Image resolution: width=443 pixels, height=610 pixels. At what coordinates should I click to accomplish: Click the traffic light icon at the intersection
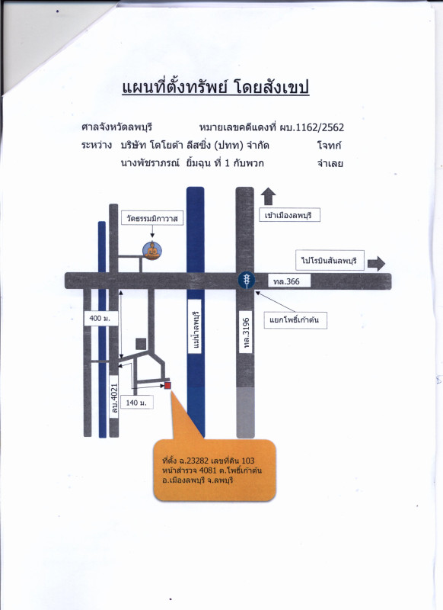click(246, 280)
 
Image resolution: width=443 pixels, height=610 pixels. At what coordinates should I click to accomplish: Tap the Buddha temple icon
click(151, 251)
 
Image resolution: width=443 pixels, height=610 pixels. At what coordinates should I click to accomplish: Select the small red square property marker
click(167, 386)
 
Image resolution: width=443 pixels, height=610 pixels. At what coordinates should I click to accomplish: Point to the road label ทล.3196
click(246, 332)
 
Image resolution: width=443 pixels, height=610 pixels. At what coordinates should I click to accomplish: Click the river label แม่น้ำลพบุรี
click(195, 326)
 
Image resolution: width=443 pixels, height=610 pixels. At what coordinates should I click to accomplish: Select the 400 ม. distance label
click(100, 318)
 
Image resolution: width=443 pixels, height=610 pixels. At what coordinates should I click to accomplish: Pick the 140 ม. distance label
click(136, 403)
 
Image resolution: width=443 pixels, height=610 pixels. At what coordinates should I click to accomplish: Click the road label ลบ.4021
click(114, 397)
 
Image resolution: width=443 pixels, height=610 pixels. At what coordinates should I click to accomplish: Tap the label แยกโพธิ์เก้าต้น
click(295, 320)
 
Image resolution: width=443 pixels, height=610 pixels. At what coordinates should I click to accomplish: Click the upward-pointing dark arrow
click(268, 197)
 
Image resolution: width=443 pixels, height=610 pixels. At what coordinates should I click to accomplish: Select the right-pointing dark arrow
click(376, 263)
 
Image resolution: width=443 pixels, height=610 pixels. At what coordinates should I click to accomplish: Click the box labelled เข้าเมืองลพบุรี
click(290, 215)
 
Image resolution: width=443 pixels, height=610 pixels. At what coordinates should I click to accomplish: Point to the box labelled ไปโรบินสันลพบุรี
click(330, 260)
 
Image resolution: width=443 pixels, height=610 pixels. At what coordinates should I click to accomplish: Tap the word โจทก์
click(329, 146)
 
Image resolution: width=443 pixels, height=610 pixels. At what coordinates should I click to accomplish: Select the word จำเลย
click(330, 163)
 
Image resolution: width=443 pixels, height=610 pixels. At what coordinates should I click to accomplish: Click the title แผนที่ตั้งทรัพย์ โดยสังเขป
click(215, 87)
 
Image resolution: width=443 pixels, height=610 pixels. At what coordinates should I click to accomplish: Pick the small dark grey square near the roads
click(141, 344)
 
